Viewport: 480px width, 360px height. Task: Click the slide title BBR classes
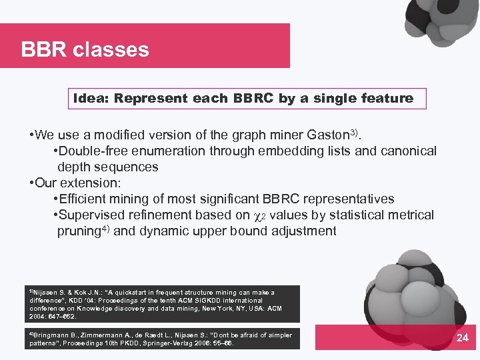coord(85,49)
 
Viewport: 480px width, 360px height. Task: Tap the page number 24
coord(462,338)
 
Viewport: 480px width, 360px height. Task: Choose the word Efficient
coord(83,199)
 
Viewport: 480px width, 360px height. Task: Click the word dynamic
coord(177,231)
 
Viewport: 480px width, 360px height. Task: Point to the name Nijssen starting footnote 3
coord(47,293)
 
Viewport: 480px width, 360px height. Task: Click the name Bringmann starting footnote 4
coord(53,335)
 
